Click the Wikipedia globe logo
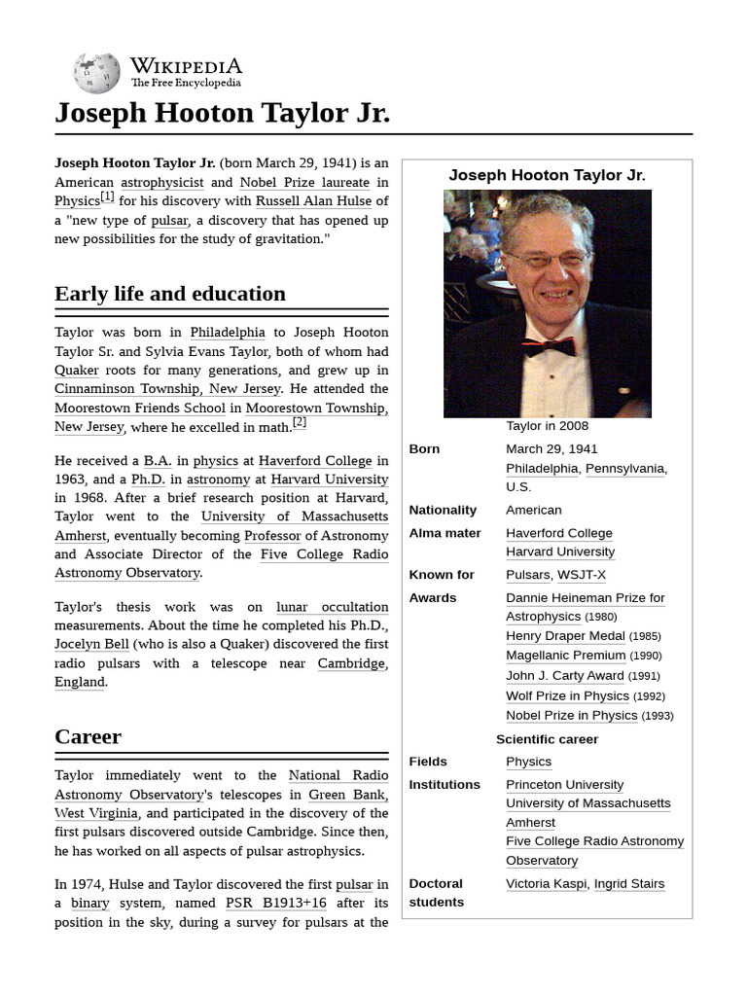coord(96,73)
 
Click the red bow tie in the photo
coord(549,346)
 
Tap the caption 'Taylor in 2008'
coord(547,426)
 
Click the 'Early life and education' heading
coord(170,294)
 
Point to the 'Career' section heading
coord(89,736)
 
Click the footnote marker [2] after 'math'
coord(299,423)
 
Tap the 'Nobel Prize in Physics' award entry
coord(572,715)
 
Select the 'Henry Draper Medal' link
coord(565,636)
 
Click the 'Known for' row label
coord(442,575)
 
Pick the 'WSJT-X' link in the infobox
coord(583,575)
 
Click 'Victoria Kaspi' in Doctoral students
coord(546,884)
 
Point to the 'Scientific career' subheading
coord(547,739)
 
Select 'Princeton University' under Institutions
coord(564,785)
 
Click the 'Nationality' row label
coord(443,510)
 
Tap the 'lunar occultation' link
coord(332,607)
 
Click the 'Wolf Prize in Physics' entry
coord(567,695)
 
